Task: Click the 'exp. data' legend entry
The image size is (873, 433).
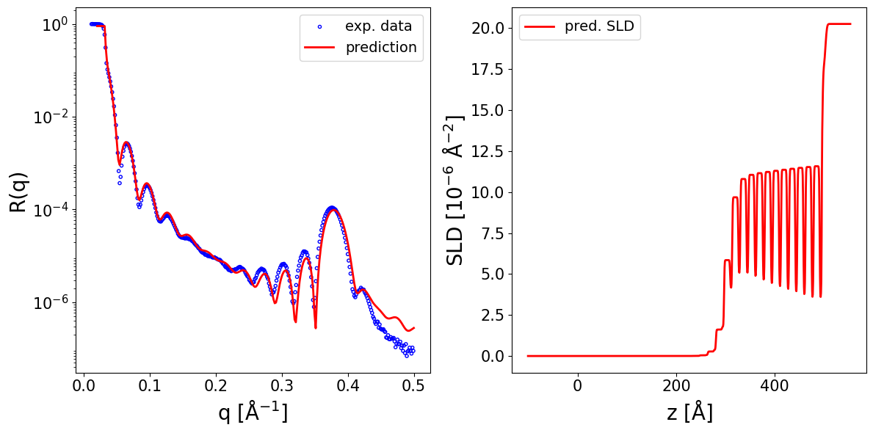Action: point(378,26)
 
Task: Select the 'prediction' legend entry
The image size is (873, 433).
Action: point(381,48)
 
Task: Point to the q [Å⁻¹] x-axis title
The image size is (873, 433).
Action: point(253,413)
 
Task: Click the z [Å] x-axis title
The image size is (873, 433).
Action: point(689,413)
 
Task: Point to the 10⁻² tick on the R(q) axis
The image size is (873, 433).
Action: point(49,117)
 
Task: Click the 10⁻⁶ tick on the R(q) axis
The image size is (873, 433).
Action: point(49,302)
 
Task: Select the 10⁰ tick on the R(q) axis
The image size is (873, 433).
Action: point(53,24)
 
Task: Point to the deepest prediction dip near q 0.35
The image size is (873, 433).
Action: point(315,327)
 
